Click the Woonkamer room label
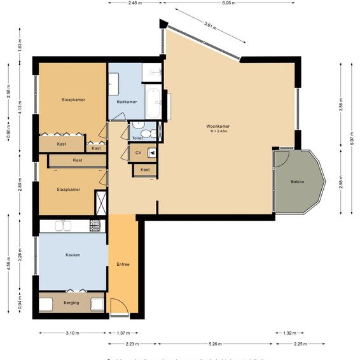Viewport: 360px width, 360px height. click(218, 126)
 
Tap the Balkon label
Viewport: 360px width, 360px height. click(297, 182)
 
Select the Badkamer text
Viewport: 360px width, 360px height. click(127, 102)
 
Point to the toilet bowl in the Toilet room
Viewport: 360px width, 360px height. click(146, 133)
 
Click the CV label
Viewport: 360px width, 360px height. click(137, 153)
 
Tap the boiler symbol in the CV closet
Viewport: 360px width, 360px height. click(151, 153)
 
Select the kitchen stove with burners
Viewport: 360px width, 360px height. click(95, 225)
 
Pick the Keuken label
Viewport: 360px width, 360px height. click(73, 254)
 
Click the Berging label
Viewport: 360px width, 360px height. click(71, 303)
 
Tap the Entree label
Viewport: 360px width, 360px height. click(123, 264)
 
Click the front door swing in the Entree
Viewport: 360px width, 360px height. click(120, 307)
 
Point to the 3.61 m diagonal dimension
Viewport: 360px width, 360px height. click(211, 26)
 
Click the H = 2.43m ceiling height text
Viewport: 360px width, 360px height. click(218, 131)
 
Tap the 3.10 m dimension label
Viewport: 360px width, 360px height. click(72, 333)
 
